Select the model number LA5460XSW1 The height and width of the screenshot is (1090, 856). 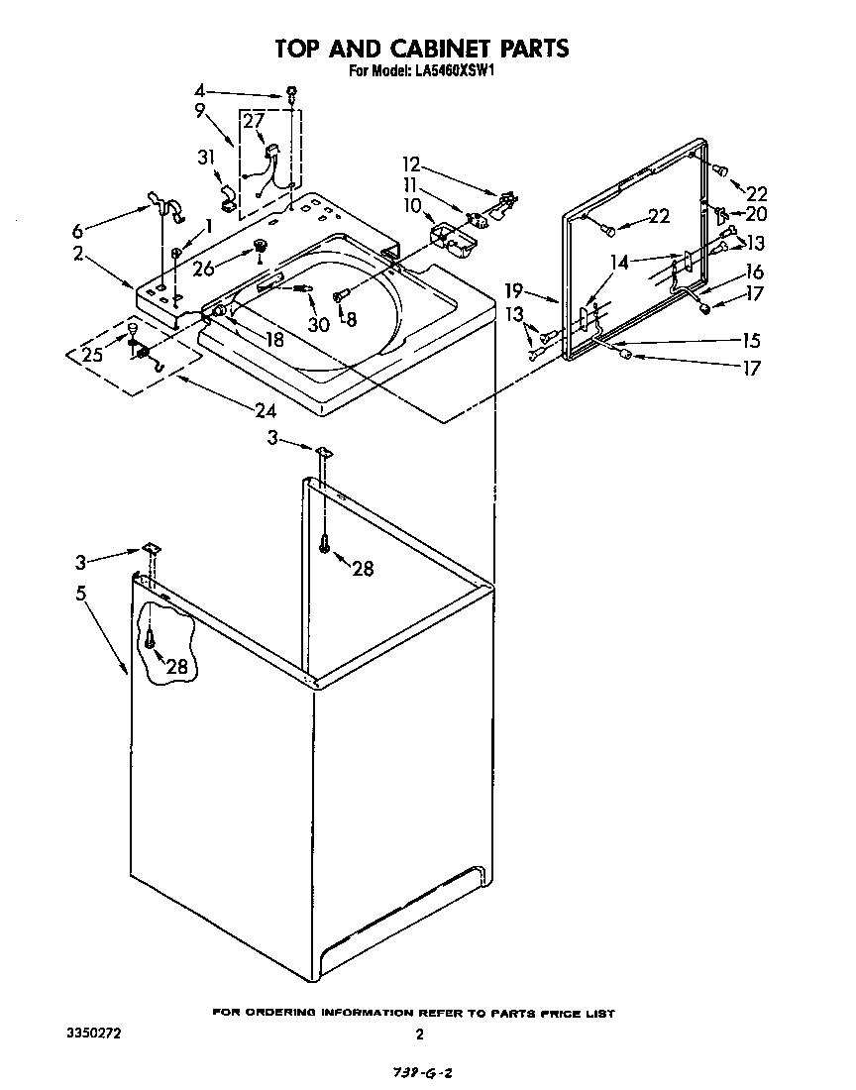click(452, 71)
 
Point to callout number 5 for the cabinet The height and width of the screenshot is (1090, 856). click(80, 593)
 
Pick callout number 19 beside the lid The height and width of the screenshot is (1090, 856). click(513, 291)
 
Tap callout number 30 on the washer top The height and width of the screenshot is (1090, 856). click(319, 324)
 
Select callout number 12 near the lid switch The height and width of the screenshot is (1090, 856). click(410, 163)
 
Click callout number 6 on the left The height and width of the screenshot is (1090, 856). click(78, 231)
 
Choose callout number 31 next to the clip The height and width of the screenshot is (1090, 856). click(205, 157)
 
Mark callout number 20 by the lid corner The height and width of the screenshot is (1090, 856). click(755, 213)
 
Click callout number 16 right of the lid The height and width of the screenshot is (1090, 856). click(755, 272)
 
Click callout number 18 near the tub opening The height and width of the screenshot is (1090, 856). click(273, 338)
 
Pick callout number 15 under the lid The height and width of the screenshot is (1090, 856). click(750, 341)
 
